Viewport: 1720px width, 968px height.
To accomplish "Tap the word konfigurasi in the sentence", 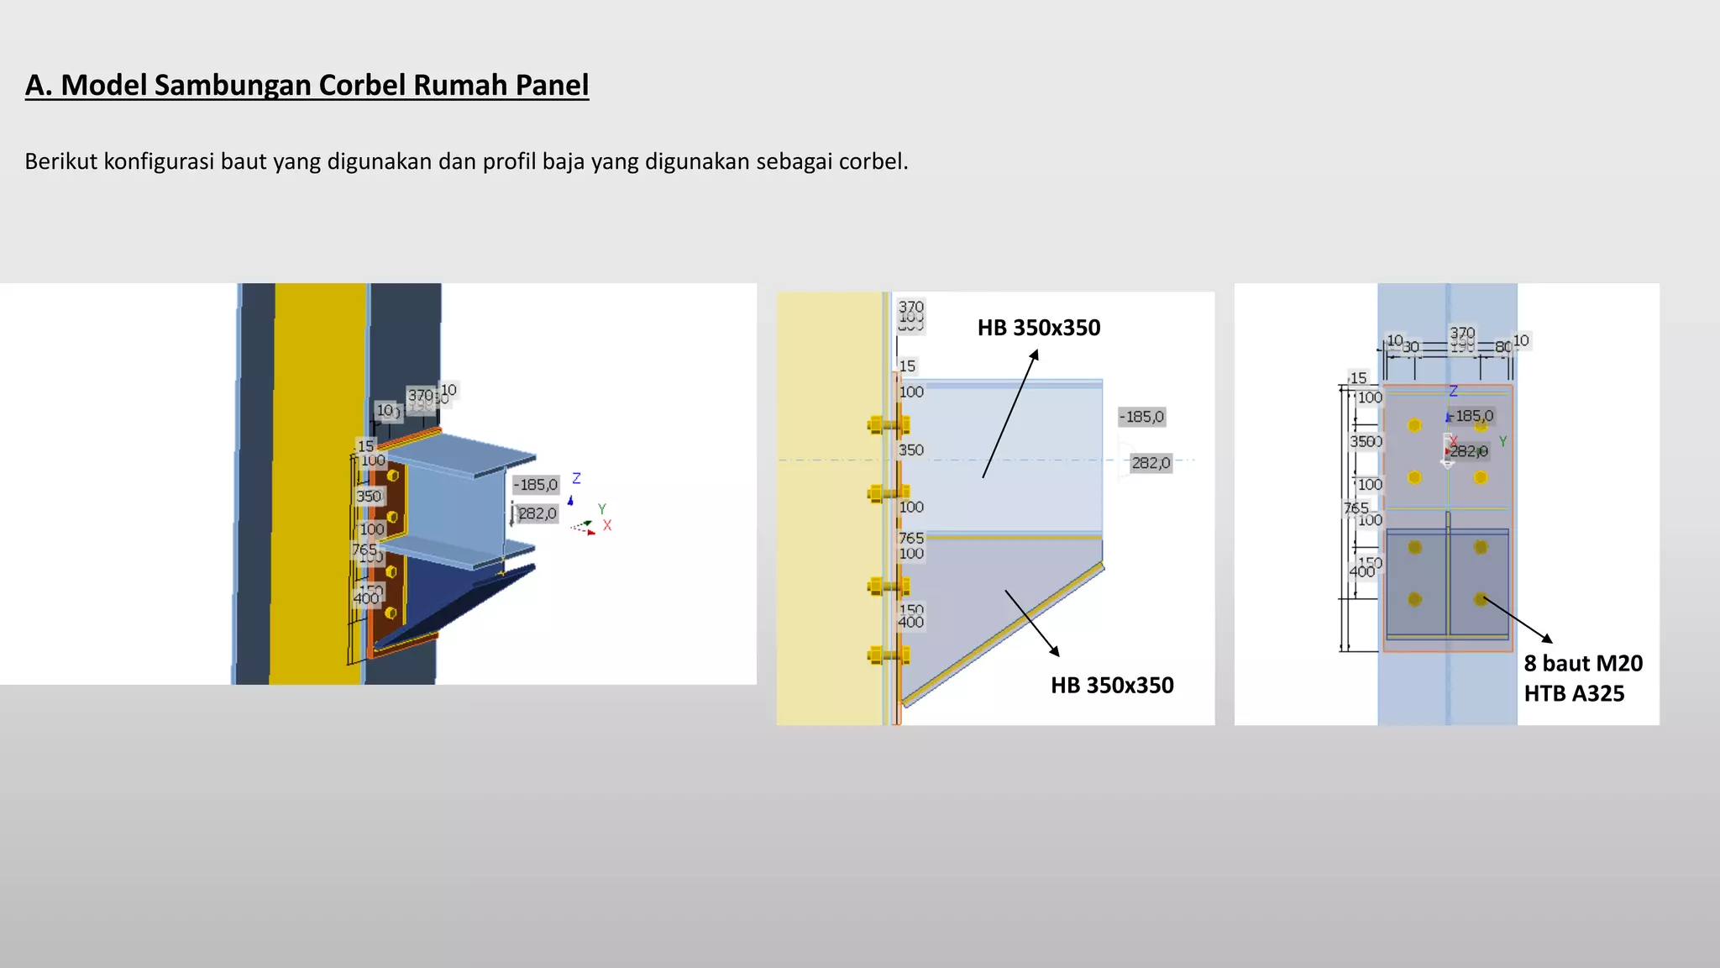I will pyautogui.click(x=159, y=160).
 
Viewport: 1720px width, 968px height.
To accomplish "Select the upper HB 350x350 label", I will pyautogui.click(x=1038, y=328).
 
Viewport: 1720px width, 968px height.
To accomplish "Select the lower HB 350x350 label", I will pyautogui.click(x=1111, y=685).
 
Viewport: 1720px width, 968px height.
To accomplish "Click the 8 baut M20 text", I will pyautogui.click(x=1582, y=663).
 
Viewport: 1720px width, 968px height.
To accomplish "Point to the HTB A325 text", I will pyautogui.click(x=1573, y=693).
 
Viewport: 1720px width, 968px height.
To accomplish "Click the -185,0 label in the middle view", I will pyautogui.click(x=1141, y=417).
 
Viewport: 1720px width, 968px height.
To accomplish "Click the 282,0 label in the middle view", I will pyautogui.click(x=1150, y=463).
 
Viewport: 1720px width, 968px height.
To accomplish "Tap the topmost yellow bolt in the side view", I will pyautogui.click(x=886, y=425).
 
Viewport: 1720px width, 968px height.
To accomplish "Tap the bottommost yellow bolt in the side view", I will pyautogui.click(x=886, y=655).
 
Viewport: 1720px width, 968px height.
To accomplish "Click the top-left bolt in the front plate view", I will pyautogui.click(x=1414, y=425).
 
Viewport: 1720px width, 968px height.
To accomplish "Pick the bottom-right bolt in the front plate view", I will pyautogui.click(x=1480, y=599).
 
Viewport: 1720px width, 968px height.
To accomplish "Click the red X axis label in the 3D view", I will pyautogui.click(x=607, y=525).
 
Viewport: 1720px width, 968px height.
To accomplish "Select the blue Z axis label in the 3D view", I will pyautogui.click(x=576, y=478).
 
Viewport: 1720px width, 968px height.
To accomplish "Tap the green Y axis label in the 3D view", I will pyautogui.click(x=601, y=508).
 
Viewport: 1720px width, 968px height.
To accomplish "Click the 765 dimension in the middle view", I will pyautogui.click(x=910, y=538).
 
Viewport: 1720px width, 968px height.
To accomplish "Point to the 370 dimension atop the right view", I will pyautogui.click(x=1462, y=333).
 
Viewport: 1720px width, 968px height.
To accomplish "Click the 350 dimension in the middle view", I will pyautogui.click(x=910, y=450).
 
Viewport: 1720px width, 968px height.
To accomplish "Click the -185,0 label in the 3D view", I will pyautogui.click(x=536, y=485).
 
